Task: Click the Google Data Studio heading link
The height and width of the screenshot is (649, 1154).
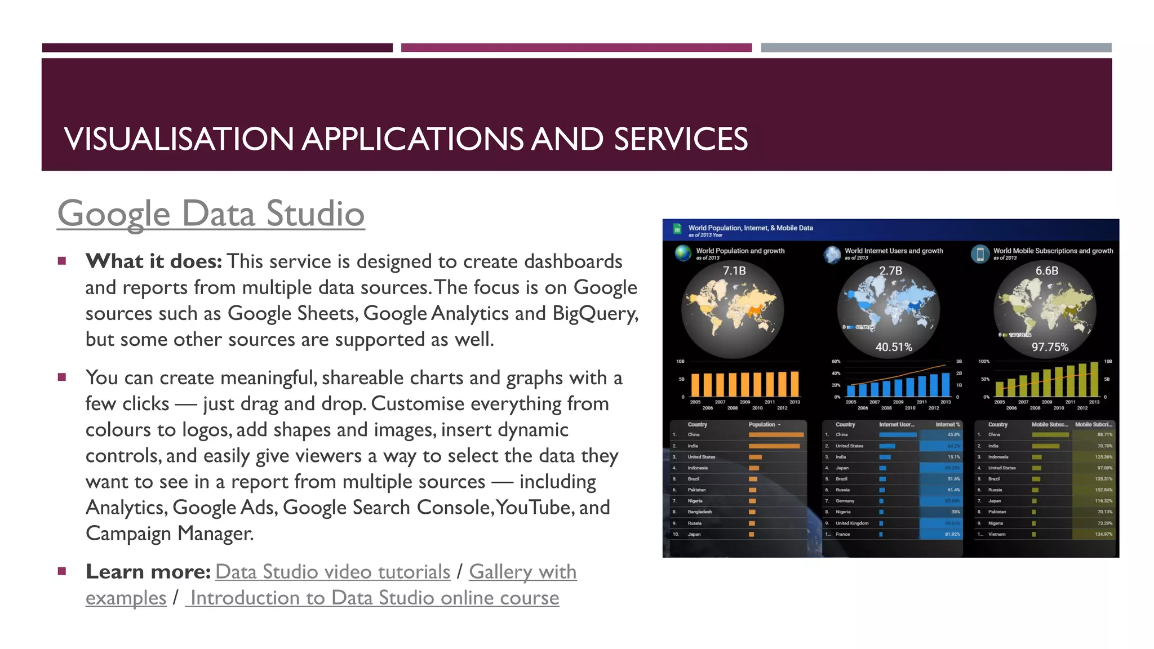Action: (x=211, y=214)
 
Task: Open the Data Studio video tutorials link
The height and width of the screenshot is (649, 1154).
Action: (x=332, y=572)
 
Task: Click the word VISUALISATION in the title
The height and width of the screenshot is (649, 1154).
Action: (x=179, y=139)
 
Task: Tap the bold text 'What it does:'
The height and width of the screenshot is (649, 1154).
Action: (x=154, y=261)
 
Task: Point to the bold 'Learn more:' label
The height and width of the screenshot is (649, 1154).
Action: (x=148, y=572)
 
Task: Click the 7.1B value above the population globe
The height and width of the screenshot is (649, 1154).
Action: (x=734, y=271)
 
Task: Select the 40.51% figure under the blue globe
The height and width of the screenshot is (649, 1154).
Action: (x=894, y=347)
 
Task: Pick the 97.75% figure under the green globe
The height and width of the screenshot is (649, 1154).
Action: (x=1050, y=347)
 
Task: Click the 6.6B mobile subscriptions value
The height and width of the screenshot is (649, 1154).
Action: (x=1047, y=271)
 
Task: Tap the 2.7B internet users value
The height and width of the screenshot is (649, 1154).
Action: (x=891, y=271)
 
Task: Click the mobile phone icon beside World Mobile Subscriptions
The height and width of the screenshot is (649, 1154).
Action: (x=980, y=254)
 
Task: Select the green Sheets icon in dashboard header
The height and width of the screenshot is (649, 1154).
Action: (x=677, y=229)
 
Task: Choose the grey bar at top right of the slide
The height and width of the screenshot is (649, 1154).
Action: (x=936, y=48)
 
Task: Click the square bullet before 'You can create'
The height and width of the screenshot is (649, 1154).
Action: (x=62, y=377)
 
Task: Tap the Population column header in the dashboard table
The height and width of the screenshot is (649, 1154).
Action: (x=762, y=424)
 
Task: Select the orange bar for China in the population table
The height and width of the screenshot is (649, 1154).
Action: (x=776, y=434)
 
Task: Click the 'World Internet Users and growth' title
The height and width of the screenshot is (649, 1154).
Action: (x=894, y=251)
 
